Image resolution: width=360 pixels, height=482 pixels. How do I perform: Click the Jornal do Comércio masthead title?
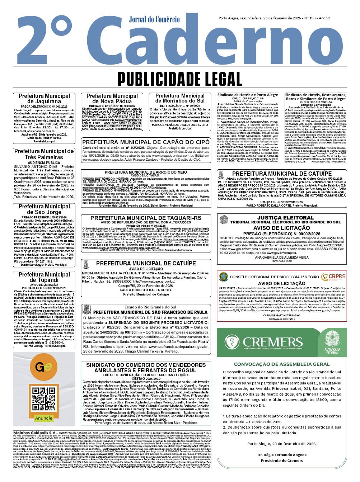click(x=154, y=19)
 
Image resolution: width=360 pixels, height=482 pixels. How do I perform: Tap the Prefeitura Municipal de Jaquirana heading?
click(x=44, y=99)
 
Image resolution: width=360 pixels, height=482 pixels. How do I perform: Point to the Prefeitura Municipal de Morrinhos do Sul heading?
click(x=180, y=98)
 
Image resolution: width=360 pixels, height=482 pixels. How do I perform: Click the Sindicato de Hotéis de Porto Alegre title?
click(x=248, y=95)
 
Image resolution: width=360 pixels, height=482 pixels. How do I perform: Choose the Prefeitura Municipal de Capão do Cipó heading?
click(x=146, y=142)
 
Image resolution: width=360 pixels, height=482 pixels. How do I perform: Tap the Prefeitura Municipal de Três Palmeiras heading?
click(x=44, y=154)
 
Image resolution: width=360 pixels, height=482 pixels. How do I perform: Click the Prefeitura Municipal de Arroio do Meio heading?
click(x=146, y=173)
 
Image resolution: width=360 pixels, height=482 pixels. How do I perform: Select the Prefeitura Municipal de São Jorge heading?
click(x=44, y=209)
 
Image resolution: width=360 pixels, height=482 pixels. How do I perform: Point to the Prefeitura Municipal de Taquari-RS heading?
click(x=146, y=218)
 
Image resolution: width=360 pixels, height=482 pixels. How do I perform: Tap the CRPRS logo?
click(x=333, y=276)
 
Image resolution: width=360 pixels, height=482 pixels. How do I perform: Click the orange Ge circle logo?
click(x=43, y=368)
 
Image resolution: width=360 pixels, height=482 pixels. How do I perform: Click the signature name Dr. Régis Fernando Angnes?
click(x=282, y=455)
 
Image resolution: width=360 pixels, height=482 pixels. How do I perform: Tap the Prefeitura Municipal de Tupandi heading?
click(x=44, y=277)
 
